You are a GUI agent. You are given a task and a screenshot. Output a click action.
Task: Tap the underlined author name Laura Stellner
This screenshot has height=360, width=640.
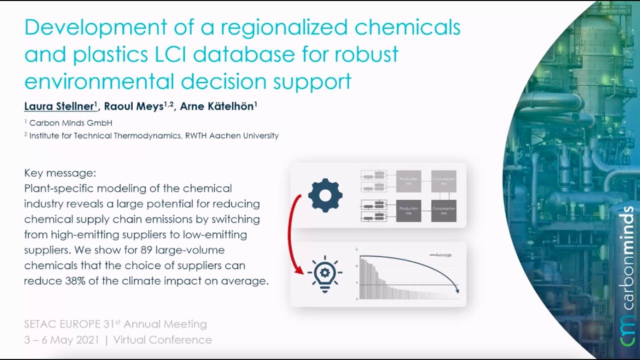coord(59,106)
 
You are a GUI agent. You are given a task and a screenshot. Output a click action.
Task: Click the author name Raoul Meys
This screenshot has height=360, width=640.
coord(135,106)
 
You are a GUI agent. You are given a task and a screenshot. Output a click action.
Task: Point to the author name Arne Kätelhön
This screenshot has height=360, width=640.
coord(217,106)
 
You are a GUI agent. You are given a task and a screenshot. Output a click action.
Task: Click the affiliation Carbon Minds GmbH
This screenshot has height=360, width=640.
coord(70,122)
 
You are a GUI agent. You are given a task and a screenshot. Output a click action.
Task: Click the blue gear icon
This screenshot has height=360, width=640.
coord(325,195)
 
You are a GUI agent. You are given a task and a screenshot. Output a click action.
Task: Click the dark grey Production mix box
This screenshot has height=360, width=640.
coord(408,210)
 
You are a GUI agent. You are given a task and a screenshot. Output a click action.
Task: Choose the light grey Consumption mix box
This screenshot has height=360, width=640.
coord(444,181)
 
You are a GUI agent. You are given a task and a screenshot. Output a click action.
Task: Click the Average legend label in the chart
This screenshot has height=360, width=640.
coord(443,255)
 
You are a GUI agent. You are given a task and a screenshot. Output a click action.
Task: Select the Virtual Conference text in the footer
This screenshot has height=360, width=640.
coord(162,340)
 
